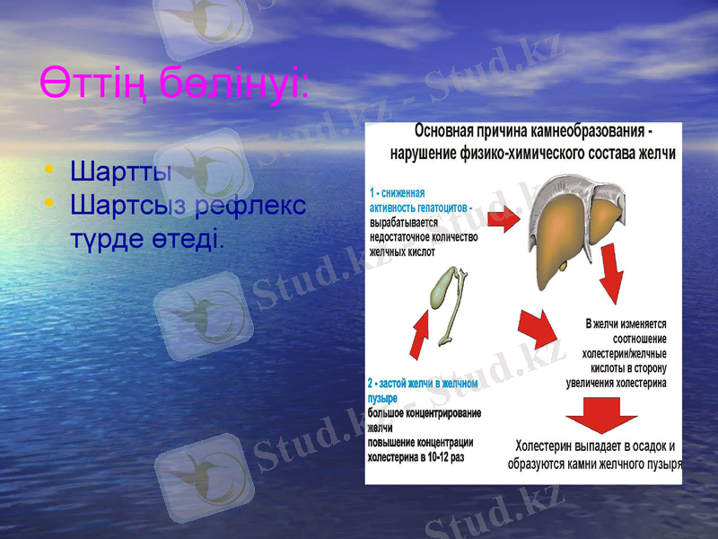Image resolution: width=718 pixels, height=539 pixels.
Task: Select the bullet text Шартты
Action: (x=120, y=170)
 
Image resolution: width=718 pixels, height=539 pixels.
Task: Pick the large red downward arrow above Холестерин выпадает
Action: (x=602, y=415)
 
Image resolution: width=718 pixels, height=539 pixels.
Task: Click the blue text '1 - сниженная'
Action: (x=398, y=192)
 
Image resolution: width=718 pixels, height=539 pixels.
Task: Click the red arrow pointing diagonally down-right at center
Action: (x=538, y=330)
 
